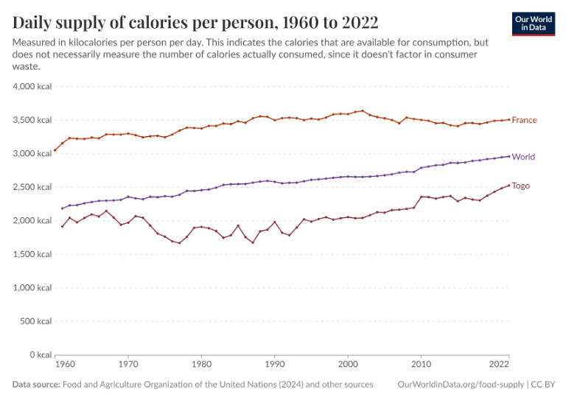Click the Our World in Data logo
tap(533, 24)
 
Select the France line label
tap(524, 120)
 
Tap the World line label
tap(523, 157)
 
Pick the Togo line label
tap(520, 186)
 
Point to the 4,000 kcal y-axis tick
tap(32, 86)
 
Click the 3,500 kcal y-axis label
tap(32, 120)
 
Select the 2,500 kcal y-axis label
tap(32, 187)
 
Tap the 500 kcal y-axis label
tap(36, 321)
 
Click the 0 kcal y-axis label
tap(40, 355)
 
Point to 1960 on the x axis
tap(65, 365)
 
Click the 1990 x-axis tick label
tap(275, 365)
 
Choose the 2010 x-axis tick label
tap(421, 365)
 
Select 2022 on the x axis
tap(499, 365)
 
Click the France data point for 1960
tap(55, 150)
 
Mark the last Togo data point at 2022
tap(509, 185)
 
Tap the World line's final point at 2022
tap(509, 156)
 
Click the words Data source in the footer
tap(36, 385)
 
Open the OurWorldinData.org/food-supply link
tap(460, 385)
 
